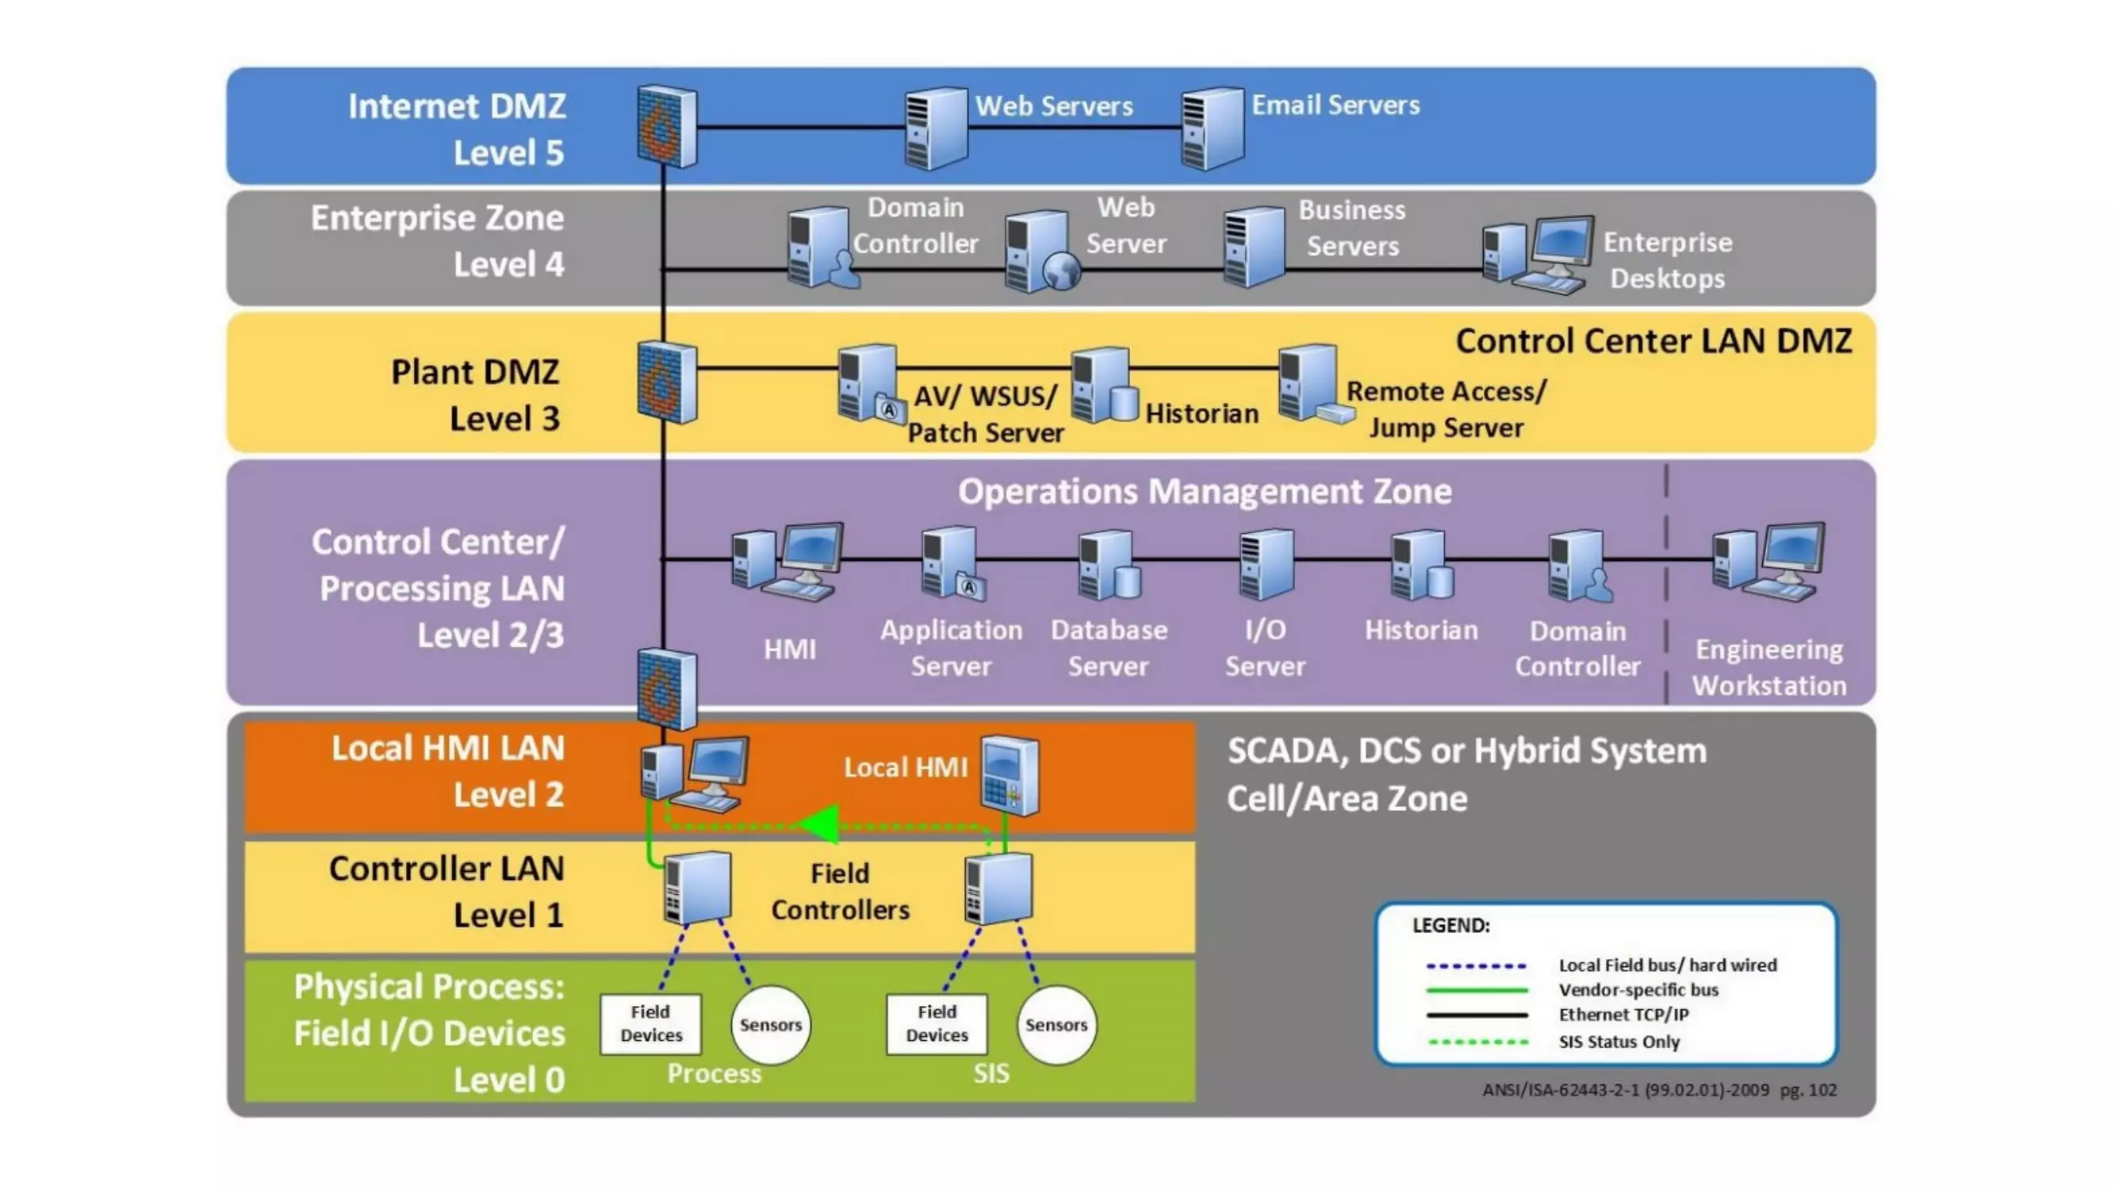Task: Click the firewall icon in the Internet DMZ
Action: tap(667, 126)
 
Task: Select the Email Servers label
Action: tap(1335, 106)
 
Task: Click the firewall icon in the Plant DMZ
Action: tap(667, 382)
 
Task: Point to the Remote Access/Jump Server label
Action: tap(1446, 409)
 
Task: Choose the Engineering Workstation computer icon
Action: tap(1768, 562)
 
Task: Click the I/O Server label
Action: tap(1265, 648)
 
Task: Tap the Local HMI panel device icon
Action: tap(1010, 774)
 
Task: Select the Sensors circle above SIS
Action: tap(1056, 1024)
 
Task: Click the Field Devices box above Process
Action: tap(650, 1023)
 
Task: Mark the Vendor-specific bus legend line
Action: tap(1477, 990)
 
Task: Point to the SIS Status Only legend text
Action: tap(1619, 1042)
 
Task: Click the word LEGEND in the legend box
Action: tap(1450, 926)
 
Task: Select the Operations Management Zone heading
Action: tap(1205, 491)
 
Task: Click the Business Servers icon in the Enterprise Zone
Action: tap(1254, 247)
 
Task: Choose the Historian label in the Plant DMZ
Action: tap(1201, 413)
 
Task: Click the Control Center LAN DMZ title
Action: tap(1653, 341)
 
